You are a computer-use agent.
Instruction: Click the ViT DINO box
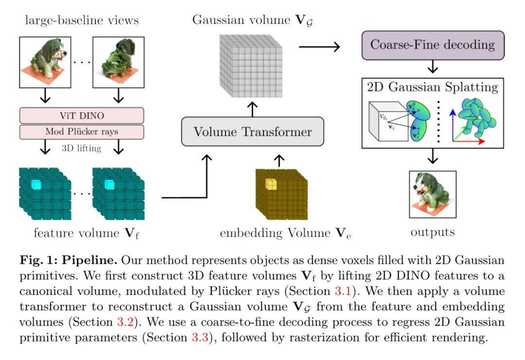coord(82,115)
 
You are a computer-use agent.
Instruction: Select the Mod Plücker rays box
coord(82,132)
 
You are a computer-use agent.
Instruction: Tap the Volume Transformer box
coord(253,131)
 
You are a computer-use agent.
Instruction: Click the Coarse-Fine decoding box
coord(432,45)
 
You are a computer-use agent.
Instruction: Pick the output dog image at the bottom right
coord(432,194)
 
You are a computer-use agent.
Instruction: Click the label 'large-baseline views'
coord(82,20)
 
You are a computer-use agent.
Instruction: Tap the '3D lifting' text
coord(82,148)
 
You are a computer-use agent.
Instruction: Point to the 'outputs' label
coord(433,232)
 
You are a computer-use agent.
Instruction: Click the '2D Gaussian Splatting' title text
coord(432,87)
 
